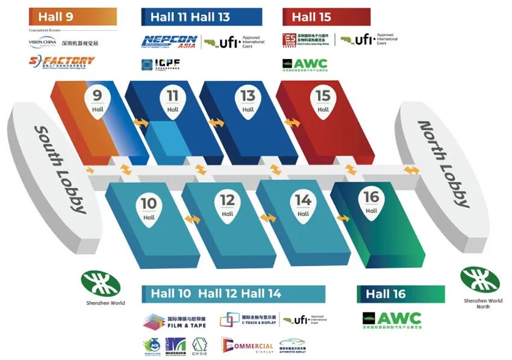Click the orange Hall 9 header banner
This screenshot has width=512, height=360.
pos(73,17)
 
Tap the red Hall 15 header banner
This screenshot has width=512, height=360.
pos(326,17)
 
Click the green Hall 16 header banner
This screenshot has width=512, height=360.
pos(401,294)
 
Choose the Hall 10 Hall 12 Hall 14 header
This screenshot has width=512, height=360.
pos(234,294)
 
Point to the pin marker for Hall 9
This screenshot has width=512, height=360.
pos(98,101)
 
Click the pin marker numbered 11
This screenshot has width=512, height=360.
pos(173,101)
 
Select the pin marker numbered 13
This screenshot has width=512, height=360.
pos(248,101)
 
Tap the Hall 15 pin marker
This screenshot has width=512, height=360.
pos(323,101)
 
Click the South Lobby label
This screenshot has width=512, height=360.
pos(59,169)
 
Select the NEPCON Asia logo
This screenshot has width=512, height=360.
pos(170,42)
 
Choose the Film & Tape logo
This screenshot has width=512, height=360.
pos(175,322)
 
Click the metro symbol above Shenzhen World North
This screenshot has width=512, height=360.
pos(479,279)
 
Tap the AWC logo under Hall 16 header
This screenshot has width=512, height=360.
pos(392,319)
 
